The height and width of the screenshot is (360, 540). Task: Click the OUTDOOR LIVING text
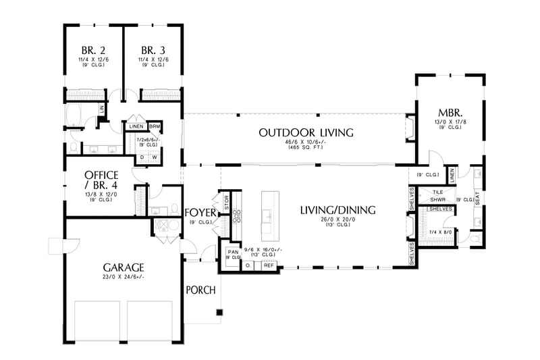tap(306, 132)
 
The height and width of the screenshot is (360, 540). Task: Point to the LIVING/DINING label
tap(338, 210)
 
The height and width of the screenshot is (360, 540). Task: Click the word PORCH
tap(200, 290)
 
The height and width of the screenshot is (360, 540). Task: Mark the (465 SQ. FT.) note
tap(306, 148)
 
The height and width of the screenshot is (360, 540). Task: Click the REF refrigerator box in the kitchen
tap(269, 265)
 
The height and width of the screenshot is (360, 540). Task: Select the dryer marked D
tap(142, 158)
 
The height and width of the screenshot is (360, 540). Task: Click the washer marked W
tap(155, 158)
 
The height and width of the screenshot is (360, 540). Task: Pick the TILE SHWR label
tap(437, 196)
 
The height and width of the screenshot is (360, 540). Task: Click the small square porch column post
tap(219, 312)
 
